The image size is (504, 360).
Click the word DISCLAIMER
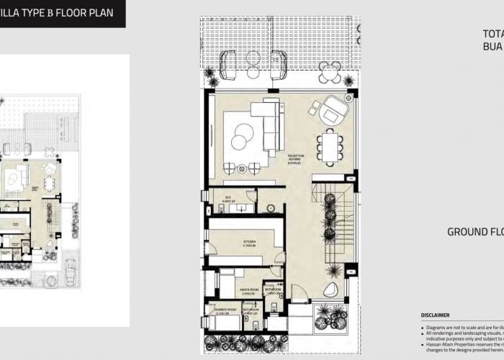tap(435, 315)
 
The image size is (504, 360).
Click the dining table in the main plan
tap(330, 147)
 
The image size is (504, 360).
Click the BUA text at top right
tap(492, 46)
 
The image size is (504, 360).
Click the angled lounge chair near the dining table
tap(333, 111)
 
